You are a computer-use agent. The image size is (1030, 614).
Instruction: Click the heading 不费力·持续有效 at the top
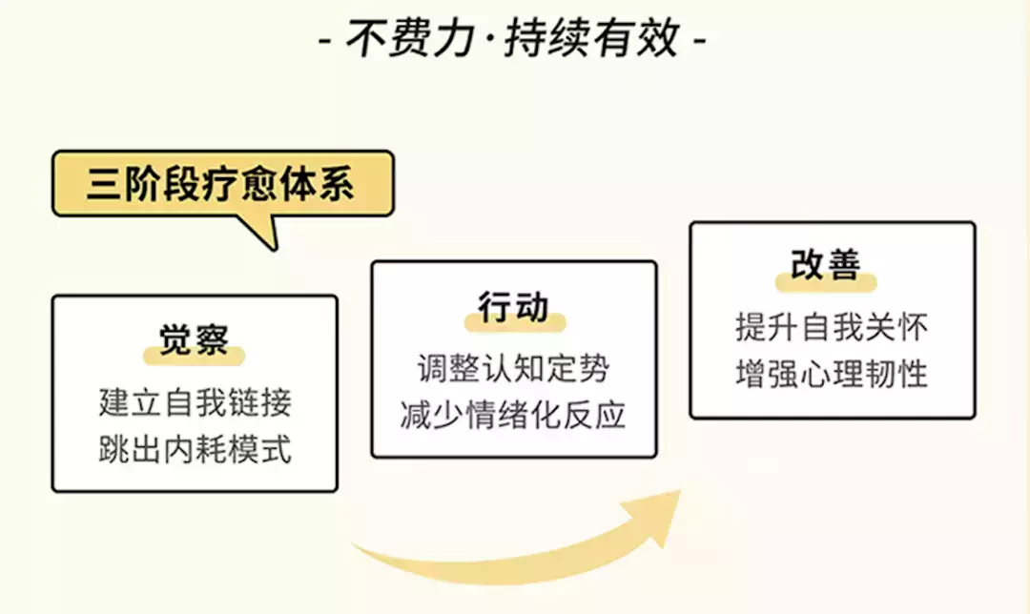(512, 38)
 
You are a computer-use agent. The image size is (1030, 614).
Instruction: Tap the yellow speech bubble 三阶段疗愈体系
(223, 184)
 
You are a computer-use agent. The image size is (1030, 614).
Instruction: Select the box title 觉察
(194, 340)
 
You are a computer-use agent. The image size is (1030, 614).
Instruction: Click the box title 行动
(514, 307)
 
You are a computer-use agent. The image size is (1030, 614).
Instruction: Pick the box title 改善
(826, 265)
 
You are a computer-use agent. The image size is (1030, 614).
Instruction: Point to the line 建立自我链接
(196, 402)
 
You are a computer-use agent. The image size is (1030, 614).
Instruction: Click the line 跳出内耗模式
(196, 450)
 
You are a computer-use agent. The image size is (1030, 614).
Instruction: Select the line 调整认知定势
(514, 368)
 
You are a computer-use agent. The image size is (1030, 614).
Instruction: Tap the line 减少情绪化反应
(514, 415)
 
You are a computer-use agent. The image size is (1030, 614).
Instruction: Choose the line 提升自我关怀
(832, 327)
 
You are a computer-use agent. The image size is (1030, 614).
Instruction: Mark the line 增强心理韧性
(832, 374)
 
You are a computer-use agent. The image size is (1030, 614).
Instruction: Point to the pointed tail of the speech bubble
(273, 247)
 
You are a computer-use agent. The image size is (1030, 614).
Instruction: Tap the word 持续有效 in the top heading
(591, 38)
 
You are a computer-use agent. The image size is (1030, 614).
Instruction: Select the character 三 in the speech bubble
(104, 183)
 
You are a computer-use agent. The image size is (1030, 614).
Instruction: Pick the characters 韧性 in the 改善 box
(896, 374)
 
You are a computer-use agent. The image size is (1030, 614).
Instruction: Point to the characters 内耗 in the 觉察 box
(196, 450)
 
